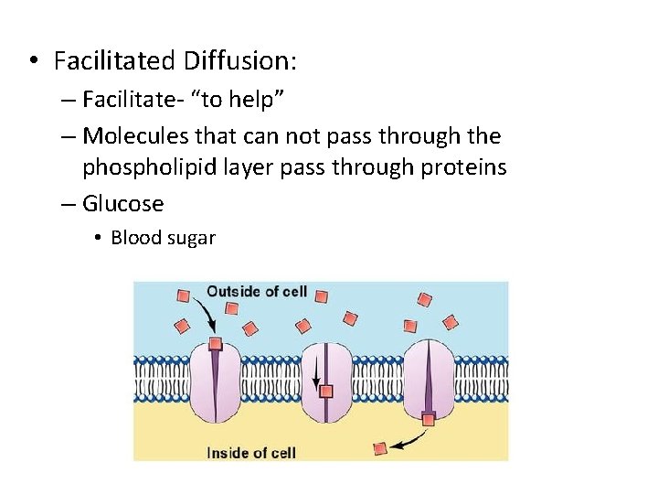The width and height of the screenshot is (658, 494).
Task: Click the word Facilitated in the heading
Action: pyautogui.click(x=114, y=61)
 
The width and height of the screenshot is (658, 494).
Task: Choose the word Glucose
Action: pyautogui.click(x=122, y=204)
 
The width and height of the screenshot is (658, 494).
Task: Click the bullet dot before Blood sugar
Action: pyautogui.click(x=97, y=239)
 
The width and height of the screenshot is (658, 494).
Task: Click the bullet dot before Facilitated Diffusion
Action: pyautogui.click(x=33, y=62)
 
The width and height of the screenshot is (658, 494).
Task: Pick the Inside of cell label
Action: pyautogui.click(x=251, y=452)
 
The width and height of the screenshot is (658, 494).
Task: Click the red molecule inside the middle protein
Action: pyautogui.click(x=326, y=392)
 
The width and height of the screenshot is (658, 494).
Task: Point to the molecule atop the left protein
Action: pyautogui.click(x=215, y=344)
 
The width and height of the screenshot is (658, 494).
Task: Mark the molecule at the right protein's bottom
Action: pyautogui.click(x=429, y=419)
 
